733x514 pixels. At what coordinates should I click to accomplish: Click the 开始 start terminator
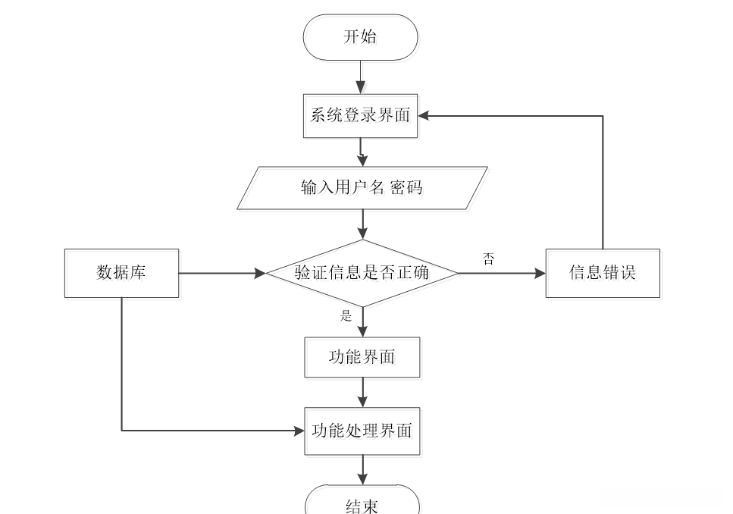point(360,37)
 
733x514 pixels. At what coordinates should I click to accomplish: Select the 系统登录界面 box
point(360,116)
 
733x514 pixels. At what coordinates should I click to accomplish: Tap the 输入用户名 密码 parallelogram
point(362,188)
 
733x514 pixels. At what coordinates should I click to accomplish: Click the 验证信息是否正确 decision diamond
point(362,273)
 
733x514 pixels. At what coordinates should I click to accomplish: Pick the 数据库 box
point(121,273)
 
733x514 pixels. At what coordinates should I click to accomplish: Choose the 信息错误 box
point(603,273)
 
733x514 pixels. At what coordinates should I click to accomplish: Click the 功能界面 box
point(362,357)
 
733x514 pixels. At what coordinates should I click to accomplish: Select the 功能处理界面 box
point(362,431)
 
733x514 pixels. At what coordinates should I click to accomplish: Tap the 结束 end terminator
point(362,503)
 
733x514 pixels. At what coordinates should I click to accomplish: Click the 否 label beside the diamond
point(489,259)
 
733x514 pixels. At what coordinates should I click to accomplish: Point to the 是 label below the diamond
point(346,315)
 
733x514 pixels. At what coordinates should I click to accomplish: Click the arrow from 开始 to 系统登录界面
point(361,77)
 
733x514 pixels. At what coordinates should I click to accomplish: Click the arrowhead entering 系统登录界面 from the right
point(424,116)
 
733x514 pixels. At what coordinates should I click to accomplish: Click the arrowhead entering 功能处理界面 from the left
point(298,431)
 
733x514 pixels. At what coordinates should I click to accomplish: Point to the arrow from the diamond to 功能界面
point(363,322)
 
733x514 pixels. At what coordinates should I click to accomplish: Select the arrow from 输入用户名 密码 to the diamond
point(363,224)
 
